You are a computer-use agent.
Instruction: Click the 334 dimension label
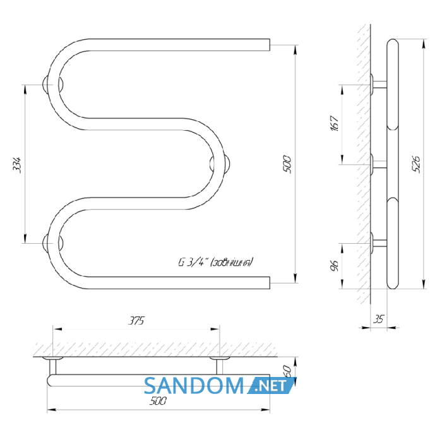click(x=17, y=165)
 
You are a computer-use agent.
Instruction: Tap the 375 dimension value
click(x=136, y=321)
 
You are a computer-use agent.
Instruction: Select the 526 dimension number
click(x=416, y=164)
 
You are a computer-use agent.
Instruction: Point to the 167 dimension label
click(x=334, y=123)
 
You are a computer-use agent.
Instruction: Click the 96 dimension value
click(x=334, y=266)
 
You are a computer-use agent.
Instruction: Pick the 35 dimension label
click(x=379, y=319)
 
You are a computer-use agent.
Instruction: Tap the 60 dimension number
click(x=287, y=371)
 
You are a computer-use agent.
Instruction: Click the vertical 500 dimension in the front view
click(x=287, y=164)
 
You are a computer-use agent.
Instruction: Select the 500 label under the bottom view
click(x=158, y=400)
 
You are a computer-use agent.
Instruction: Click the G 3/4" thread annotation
click(x=216, y=262)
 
